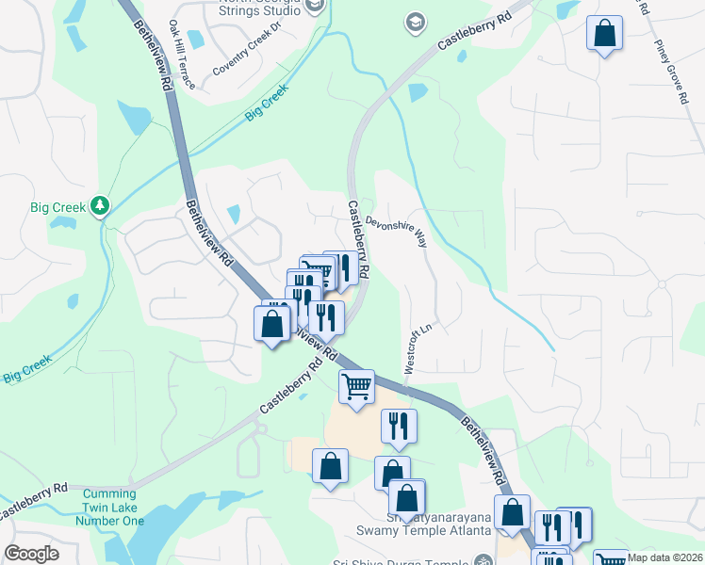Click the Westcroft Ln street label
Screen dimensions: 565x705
pyautogui.click(x=418, y=350)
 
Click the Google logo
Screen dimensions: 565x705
pyautogui.click(x=31, y=554)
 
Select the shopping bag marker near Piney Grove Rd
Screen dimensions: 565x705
pyautogui.click(x=604, y=35)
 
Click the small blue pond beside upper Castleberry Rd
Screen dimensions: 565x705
pyautogui.click(x=417, y=92)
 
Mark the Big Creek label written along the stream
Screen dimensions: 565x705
pyautogui.click(x=267, y=104)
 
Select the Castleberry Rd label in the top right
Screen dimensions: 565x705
pyautogui.click(x=474, y=33)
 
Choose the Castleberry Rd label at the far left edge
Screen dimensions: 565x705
pyautogui.click(x=34, y=501)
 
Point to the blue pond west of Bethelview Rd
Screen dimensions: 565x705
pyautogui.click(x=137, y=120)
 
